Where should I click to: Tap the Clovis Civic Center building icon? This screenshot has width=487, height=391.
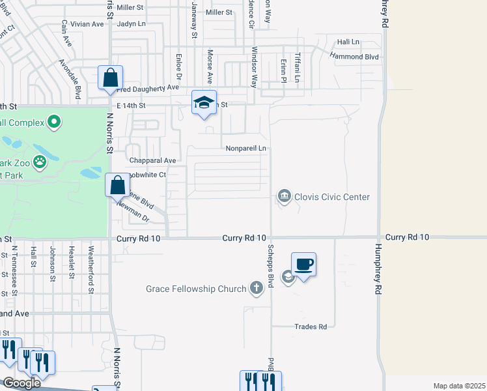point(284,195)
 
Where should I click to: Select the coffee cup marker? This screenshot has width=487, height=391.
point(303,265)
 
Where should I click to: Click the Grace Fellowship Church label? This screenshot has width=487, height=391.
point(196,289)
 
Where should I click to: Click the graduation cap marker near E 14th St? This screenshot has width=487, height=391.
point(204,103)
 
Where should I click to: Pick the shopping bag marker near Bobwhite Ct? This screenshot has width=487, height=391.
point(117,185)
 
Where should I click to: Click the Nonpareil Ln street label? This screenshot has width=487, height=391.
point(246,149)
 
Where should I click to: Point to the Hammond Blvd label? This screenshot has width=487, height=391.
point(354,57)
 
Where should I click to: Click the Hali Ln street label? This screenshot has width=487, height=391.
point(348,42)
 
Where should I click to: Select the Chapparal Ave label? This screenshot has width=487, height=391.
point(153,160)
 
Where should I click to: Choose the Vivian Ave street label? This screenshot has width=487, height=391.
point(87,24)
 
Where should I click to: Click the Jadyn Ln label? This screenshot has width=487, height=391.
point(132,24)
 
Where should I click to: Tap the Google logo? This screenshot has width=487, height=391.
point(21,383)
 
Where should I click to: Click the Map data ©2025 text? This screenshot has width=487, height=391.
point(459,386)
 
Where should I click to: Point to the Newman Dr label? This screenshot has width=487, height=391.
point(133,210)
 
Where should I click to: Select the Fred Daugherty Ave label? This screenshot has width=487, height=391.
point(148,87)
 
